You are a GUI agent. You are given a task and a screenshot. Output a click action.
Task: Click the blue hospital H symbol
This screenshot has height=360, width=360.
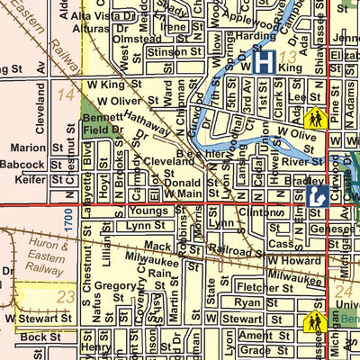263,62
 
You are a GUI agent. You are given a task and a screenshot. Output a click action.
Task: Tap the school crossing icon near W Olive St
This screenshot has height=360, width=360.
315,118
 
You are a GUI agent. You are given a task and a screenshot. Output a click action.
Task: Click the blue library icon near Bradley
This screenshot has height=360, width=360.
315,195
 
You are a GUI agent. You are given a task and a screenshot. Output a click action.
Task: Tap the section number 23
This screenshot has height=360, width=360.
64,296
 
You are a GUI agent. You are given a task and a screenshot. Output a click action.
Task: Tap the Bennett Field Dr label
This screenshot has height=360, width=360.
103,124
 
